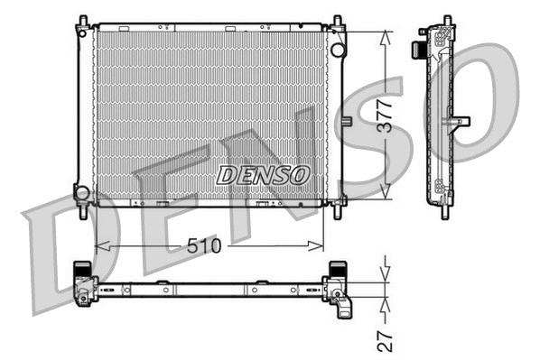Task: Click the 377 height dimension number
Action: coord(386,115)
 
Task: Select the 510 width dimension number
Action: coord(209,245)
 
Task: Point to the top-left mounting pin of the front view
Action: coord(82,22)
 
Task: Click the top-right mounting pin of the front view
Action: coord(337,22)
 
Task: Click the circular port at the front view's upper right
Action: coord(337,49)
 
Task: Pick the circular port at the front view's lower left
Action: coord(82,192)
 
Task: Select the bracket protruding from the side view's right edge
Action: coord(462,120)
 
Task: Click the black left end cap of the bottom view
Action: coord(81,271)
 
